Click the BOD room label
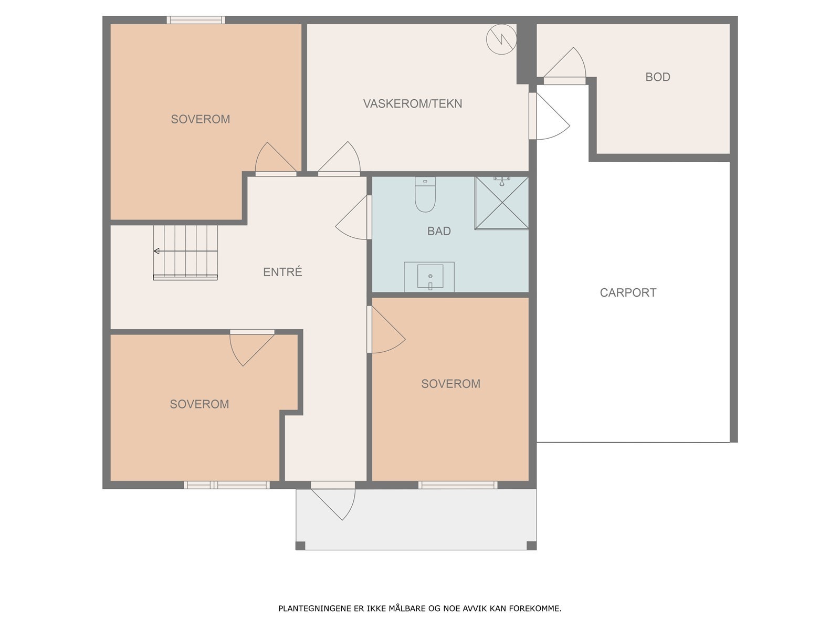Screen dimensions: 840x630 [x=657, y=77]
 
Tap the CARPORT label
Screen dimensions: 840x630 [x=628, y=292]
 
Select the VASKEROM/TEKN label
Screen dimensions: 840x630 [x=413, y=103]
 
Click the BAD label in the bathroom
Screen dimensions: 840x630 [x=439, y=231]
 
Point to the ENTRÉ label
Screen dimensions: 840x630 [x=282, y=271]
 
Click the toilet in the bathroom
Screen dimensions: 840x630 [x=425, y=194]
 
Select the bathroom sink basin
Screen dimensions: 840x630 [x=430, y=276]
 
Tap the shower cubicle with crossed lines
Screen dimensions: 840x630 [x=502, y=203]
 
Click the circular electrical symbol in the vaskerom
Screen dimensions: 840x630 [x=501, y=39]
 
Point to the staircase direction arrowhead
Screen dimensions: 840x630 [x=156, y=251]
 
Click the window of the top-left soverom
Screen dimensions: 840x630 [x=195, y=20]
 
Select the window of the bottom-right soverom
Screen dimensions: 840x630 [x=458, y=485]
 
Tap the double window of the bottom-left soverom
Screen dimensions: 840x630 [x=227, y=485]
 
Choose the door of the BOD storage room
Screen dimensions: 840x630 [x=565, y=65]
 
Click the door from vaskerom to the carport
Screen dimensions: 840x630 [x=550, y=116]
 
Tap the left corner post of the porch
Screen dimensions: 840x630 [x=300, y=546]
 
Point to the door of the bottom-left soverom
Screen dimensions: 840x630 [x=252, y=348]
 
